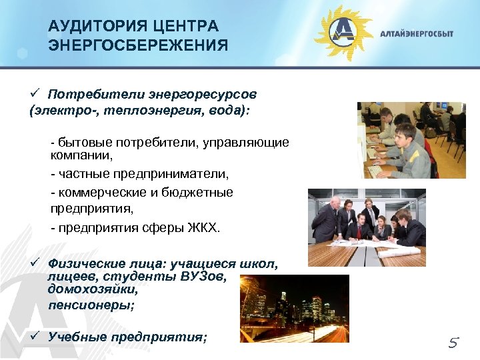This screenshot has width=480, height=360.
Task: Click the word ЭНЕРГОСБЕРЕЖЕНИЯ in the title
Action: [138, 45]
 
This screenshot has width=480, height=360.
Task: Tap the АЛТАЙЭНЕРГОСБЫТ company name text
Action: [416, 34]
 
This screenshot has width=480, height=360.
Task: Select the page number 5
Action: [453, 343]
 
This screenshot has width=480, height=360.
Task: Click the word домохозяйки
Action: [93, 290]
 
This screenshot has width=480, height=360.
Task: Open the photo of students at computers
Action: [411, 140]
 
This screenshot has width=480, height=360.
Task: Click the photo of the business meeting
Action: [367, 227]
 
